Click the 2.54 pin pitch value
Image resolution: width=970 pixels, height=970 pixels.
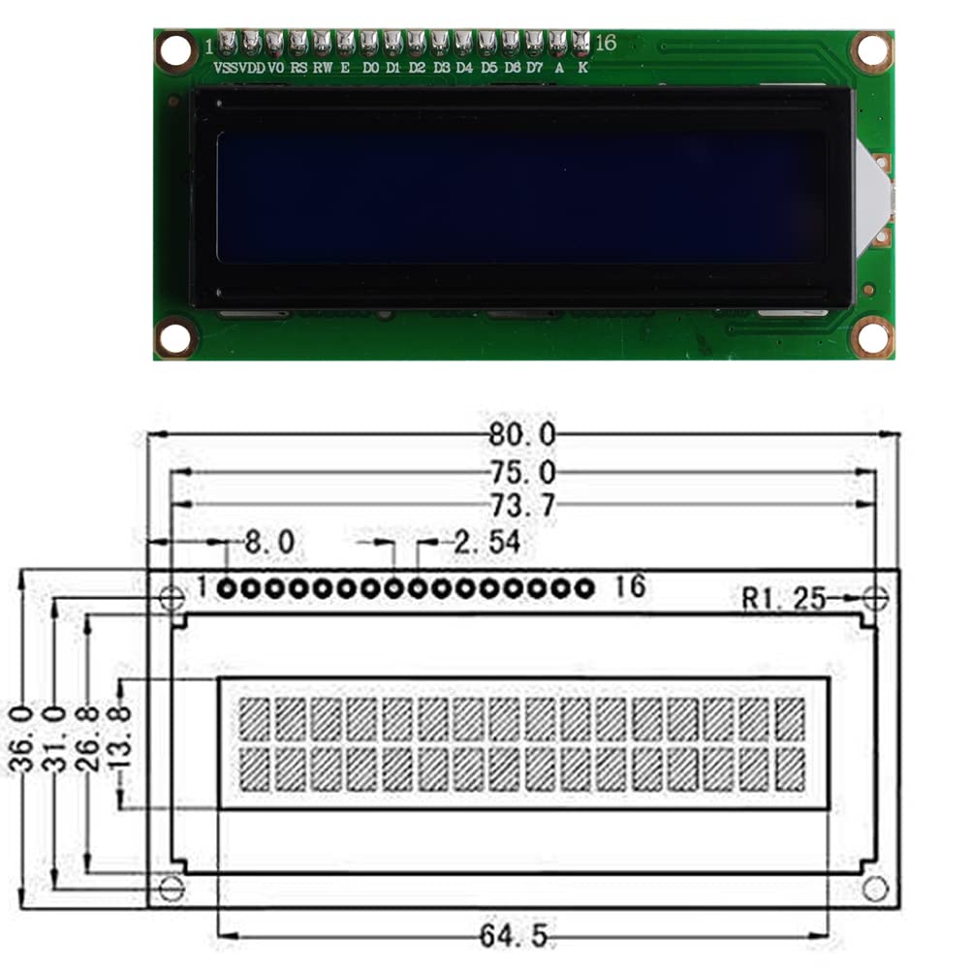[x=486, y=543]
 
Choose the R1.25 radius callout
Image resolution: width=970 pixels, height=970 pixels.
[x=784, y=599]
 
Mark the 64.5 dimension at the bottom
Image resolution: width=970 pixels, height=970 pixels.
[x=514, y=936]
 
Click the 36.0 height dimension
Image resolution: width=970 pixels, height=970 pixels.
[x=21, y=738]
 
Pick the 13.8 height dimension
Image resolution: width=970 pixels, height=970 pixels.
[x=120, y=738]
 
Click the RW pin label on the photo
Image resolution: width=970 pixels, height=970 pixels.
[x=322, y=69]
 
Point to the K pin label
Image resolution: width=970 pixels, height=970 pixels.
[x=581, y=69]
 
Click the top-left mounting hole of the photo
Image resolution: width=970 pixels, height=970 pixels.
[x=176, y=50]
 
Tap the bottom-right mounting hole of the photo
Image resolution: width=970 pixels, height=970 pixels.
[x=872, y=337]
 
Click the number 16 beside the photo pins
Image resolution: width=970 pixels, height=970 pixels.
[x=606, y=44]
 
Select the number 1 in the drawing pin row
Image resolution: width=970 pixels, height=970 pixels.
[x=202, y=586]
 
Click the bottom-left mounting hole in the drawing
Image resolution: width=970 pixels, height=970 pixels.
[x=172, y=887]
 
